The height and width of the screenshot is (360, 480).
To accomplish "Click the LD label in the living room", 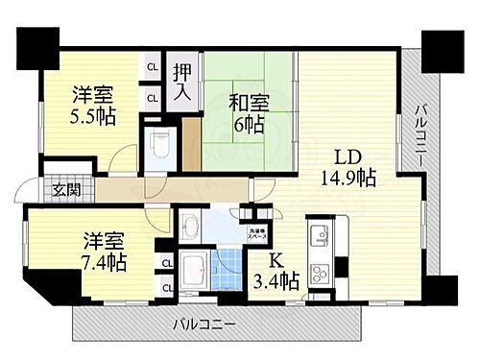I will click(x=348, y=156).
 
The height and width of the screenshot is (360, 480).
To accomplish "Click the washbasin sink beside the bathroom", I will click(x=188, y=228).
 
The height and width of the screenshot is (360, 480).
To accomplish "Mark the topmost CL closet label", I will click(x=153, y=67).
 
